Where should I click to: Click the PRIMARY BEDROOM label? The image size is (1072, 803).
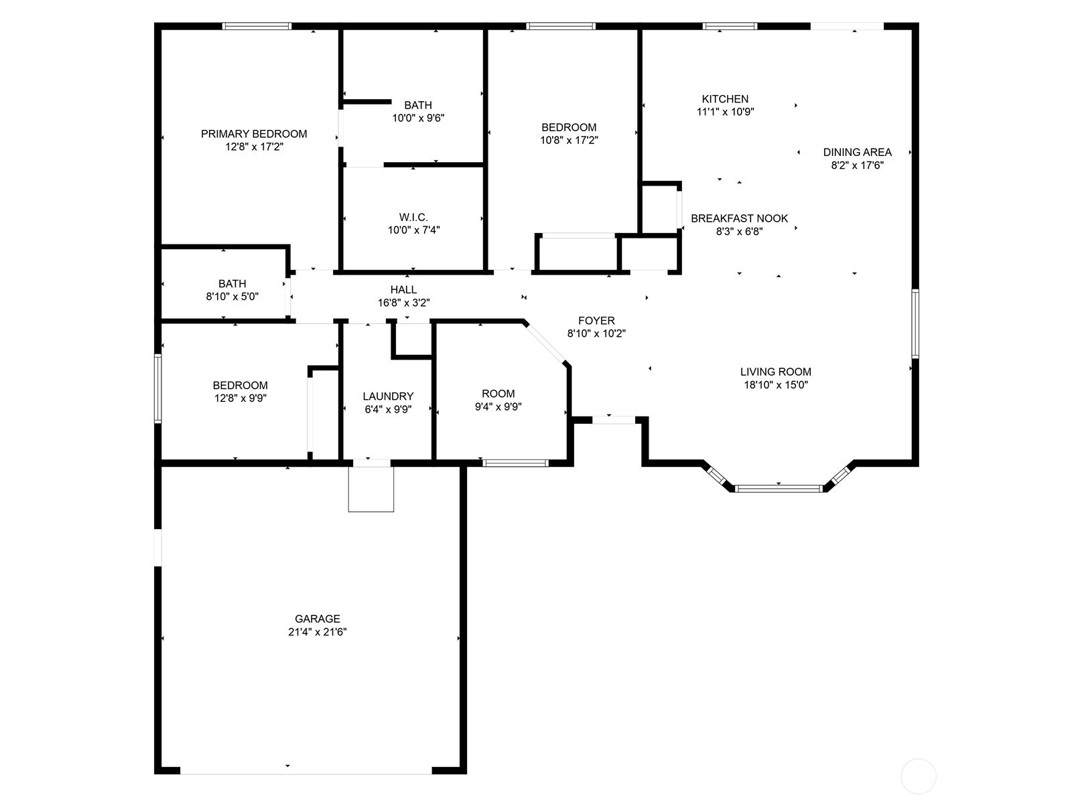pyautogui.click(x=254, y=134)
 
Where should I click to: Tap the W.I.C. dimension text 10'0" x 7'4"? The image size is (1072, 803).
pyautogui.click(x=413, y=230)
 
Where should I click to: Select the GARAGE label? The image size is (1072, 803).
pyautogui.click(x=318, y=619)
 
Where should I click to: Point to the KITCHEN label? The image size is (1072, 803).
pyautogui.click(x=725, y=99)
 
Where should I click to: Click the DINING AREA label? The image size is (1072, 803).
pyautogui.click(x=857, y=152)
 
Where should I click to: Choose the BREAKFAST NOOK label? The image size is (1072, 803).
pyautogui.click(x=739, y=218)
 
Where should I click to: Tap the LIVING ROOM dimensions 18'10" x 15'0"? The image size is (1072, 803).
pyautogui.click(x=775, y=385)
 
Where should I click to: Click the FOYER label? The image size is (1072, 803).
pyautogui.click(x=596, y=321)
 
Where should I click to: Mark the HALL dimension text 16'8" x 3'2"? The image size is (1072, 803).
pyautogui.click(x=403, y=303)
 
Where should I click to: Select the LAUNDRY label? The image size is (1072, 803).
pyautogui.click(x=388, y=396)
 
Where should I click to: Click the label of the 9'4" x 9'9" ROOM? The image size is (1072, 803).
pyautogui.click(x=498, y=394)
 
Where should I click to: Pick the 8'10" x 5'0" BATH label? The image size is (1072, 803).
pyautogui.click(x=232, y=284)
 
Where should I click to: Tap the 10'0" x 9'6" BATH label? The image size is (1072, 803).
pyautogui.click(x=418, y=105)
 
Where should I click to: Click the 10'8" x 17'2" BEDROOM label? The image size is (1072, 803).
pyautogui.click(x=569, y=127)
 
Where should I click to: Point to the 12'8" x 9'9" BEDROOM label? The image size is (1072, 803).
pyautogui.click(x=240, y=385)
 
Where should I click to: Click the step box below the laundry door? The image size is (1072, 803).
pyautogui.click(x=371, y=489)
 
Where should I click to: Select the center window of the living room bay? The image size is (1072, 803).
pyautogui.click(x=779, y=488)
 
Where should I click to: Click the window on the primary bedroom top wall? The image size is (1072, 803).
pyautogui.click(x=257, y=26)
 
